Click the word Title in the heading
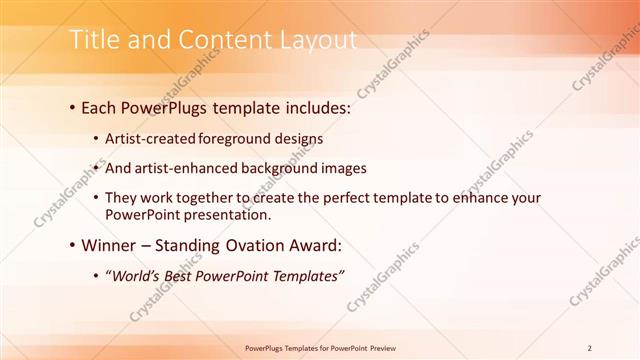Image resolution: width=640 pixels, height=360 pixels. tap(93, 41)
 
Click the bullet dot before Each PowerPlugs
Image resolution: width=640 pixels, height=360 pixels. tap(74, 106)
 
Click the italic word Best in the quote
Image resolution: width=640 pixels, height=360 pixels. tap(192, 274)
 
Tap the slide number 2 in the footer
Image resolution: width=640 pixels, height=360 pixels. tap(590, 347)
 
